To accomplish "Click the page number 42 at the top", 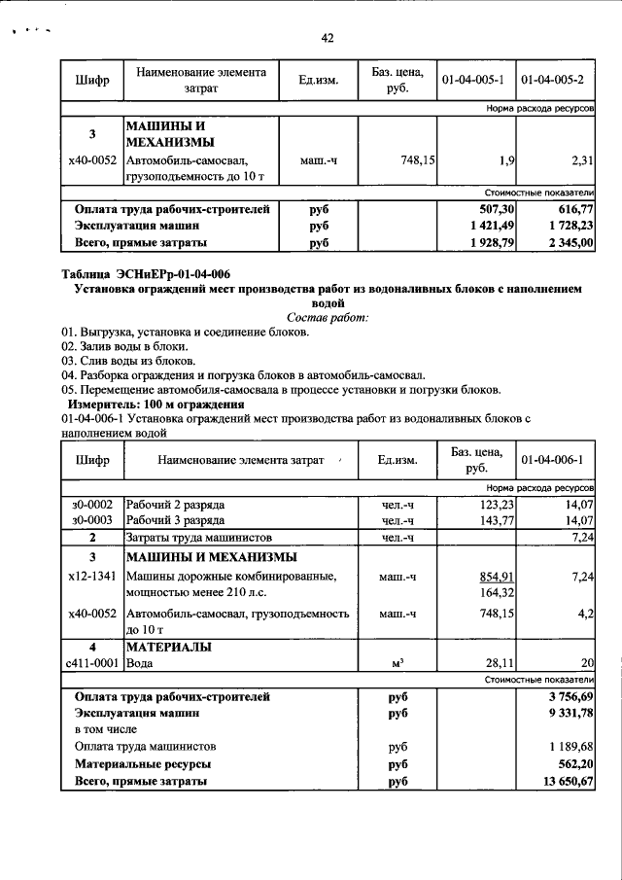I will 328,38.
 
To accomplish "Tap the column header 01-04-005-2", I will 552,79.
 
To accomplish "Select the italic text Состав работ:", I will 328,317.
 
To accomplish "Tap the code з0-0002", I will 92,504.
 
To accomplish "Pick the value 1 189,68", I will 568,746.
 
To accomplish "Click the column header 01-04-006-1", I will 552,459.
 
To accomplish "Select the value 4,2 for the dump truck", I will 585,614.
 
